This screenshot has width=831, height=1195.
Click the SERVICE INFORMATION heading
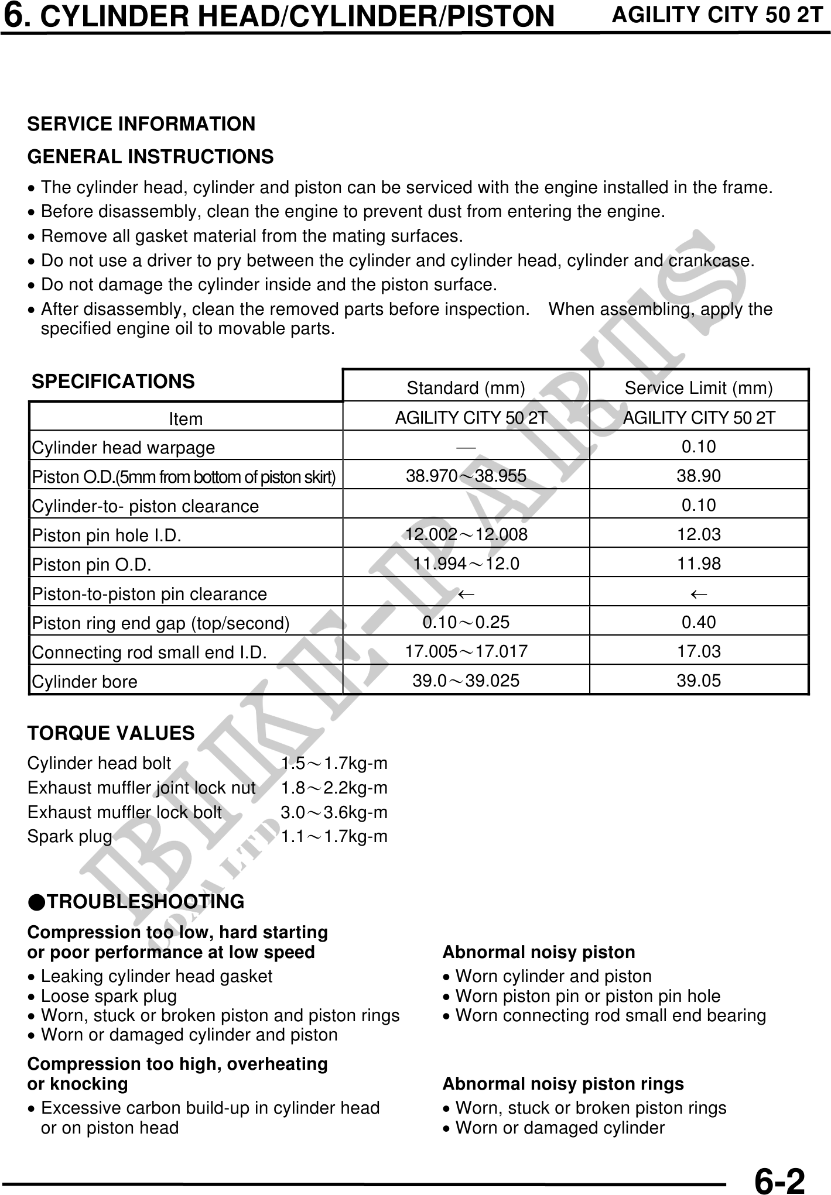coord(141,124)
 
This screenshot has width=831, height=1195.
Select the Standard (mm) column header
coord(466,388)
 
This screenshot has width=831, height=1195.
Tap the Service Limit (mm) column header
coord(699,388)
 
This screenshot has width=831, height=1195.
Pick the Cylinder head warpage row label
coord(124,448)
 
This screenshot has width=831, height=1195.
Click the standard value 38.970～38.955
coord(466,476)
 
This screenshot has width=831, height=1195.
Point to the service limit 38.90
coord(699,476)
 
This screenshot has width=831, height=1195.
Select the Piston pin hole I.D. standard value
coord(466,534)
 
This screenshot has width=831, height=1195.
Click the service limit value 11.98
coord(699,564)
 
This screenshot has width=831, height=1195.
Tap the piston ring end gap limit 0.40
coord(699,622)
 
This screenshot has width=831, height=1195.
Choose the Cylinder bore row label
coord(85,682)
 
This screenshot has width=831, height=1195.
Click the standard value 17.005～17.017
coord(466,651)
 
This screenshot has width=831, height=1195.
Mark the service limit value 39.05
coord(699,681)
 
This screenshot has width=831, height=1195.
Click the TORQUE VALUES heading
coord(111,733)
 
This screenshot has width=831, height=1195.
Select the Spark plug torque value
coord(334,837)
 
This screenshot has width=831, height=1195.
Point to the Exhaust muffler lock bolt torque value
coord(334,812)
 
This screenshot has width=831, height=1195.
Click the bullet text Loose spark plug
coord(109,996)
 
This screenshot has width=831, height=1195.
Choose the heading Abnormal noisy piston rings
coord(563,1084)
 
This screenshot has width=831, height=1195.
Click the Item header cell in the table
coord(186,419)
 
